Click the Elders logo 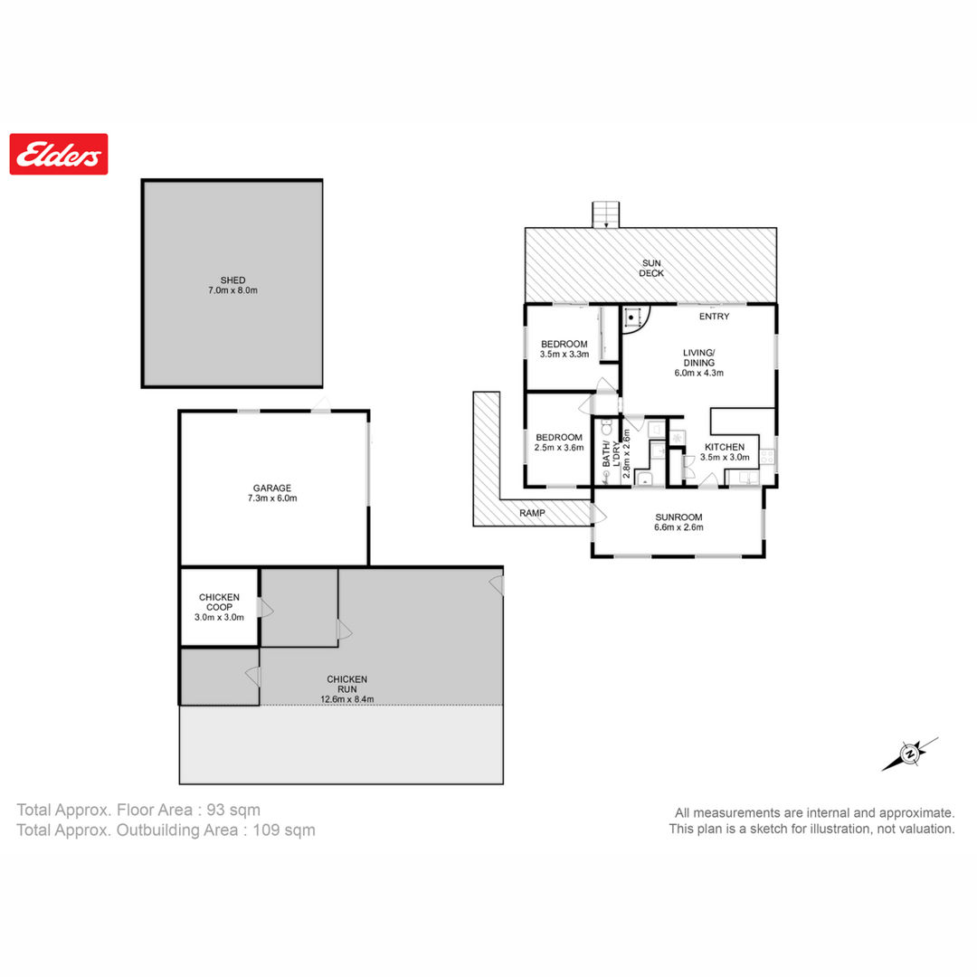[x=59, y=154]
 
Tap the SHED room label [x=232, y=280]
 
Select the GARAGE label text [x=272, y=488]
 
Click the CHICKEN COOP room [x=219, y=607]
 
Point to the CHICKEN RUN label [x=347, y=684]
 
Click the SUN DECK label [x=651, y=268]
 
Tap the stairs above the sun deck [x=605, y=215]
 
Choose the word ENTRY [x=714, y=317]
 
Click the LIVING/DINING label [x=699, y=357]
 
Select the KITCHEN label [x=725, y=447]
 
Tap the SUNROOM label [x=678, y=517]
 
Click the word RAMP [x=532, y=513]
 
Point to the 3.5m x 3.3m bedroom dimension [x=564, y=354]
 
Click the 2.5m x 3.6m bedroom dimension [x=559, y=448]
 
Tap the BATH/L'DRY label [x=612, y=446]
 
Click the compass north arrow [x=910, y=754]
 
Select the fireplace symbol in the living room [x=631, y=318]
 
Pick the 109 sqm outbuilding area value [x=284, y=830]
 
